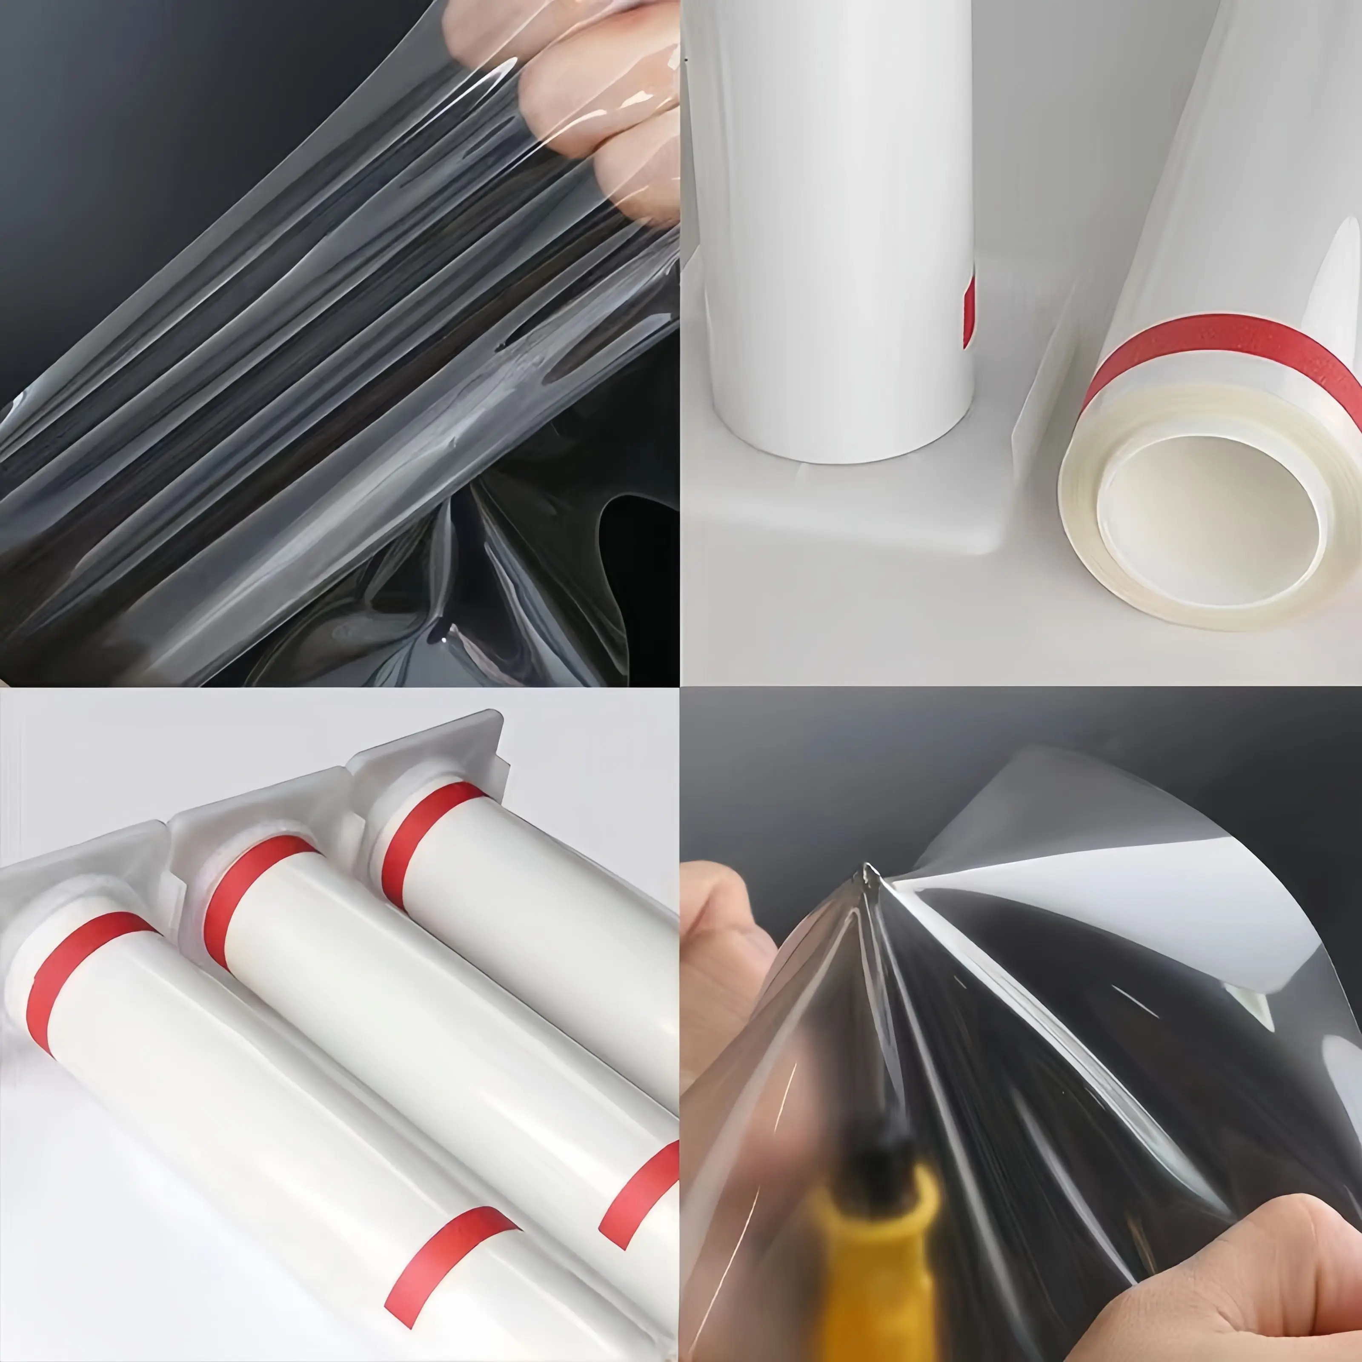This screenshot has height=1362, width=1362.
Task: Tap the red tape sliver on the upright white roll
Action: [x=969, y=310]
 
